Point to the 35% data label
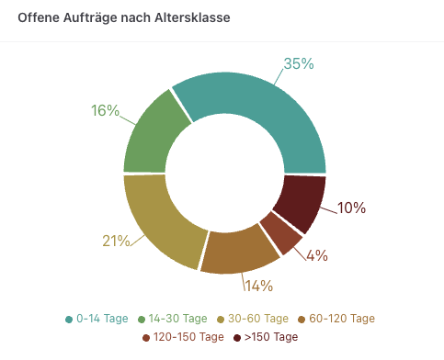299,64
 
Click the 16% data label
105,111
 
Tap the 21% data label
116,242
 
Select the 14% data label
259,286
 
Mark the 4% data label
317,255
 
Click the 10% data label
351,208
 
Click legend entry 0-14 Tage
97,319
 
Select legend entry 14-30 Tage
175,319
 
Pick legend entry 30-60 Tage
256,319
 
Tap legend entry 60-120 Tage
342,319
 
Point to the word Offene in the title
39,18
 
